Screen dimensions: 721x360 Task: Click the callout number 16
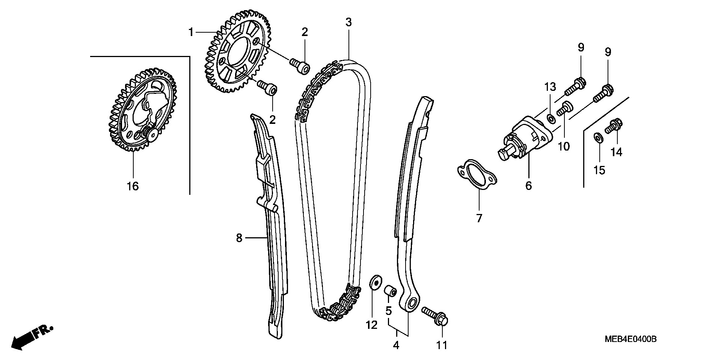pyautogui.click(x=133, y=186)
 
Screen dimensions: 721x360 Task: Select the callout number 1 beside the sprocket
pyautogui.click(x=191, y=32)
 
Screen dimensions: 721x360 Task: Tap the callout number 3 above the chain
pyautogui.click(x=348, y=22)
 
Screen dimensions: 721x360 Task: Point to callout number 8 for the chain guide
pyautogui.click(x=239, y=238)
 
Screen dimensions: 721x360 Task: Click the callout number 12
pyautogui.click(x=371, y=325)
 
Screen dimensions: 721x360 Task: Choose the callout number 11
pyautogui.click(x=442, y=345)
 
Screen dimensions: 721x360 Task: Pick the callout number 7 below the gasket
pyautogui.click(x=479, y=218)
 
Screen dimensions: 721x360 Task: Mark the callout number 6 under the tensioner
pyautogui.click(x=528, y=185)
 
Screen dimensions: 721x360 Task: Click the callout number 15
pyautogui.click(x=600, y=170)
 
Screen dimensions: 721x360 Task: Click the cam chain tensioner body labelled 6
pyautogui.click(x=525, y=139)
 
